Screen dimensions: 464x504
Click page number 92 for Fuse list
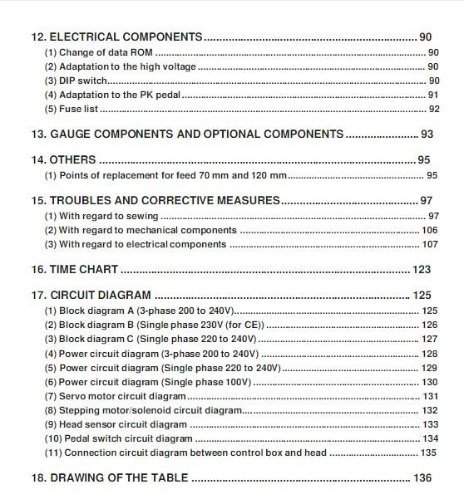click(x=433, y=109)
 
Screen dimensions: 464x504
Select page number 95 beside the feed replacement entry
click(x=432, y=175)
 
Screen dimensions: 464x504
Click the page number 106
click(x=430, y=230)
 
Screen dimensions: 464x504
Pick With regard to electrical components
click(x=135, y=244)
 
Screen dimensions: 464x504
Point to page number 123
click(x=422, y=270)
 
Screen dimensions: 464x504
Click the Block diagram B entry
click(x=154, y=325)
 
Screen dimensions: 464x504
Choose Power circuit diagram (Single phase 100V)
click(x=148, y=382)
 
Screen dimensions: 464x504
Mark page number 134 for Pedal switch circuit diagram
click(x=430, y=438)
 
